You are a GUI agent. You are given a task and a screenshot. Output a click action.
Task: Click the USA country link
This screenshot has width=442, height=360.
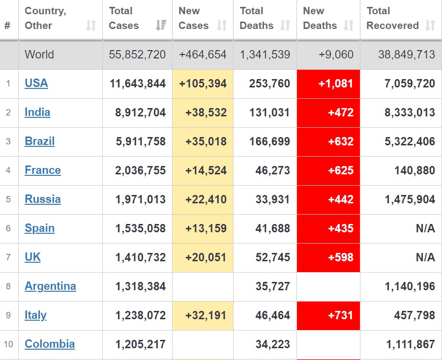pyautogui.click(x=36, y=83)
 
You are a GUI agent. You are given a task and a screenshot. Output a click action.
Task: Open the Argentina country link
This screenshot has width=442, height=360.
pyautogui.click(x=50, y=286)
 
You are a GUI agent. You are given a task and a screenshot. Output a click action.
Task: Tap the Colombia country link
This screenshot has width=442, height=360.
pyautogui.click(x=50, y=344)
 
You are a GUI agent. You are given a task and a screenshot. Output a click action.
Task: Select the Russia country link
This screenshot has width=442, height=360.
pyautogui.click(x=43, y=199)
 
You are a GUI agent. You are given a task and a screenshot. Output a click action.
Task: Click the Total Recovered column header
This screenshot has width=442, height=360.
pyautogui.click(x=392, y=18)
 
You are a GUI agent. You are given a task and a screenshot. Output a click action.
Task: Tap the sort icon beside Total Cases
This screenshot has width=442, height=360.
pyautogui.click(x=160, y=26)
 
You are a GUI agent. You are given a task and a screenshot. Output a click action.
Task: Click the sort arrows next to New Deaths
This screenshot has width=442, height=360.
pyautogui.click(x=348, y=26)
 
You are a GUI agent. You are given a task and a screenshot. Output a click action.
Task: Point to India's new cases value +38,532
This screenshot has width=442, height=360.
pyautogui.click(x=206, y=112)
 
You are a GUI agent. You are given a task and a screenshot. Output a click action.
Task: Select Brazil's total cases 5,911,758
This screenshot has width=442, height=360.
pyautogui.click(x=141, y=141)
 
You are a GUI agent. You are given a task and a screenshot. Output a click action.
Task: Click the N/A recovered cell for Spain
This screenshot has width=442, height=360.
pyautogui.click(x=425, y=228)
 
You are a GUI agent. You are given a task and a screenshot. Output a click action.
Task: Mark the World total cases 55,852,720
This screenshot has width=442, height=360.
pyautogui.click(x=137, y=55)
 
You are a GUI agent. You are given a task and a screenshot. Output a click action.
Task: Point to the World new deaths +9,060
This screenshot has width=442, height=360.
pyautogui.click(x=336, y=55)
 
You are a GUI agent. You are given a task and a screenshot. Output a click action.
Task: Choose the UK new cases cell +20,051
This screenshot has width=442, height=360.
pyautogui.click(x=206, y=257)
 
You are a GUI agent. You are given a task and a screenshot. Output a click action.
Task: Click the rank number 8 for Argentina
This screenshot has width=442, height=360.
pyautogui.click(x=8, y=286)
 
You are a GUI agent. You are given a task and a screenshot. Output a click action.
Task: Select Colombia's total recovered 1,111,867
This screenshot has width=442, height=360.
pyautogui.click(x=411, y=344)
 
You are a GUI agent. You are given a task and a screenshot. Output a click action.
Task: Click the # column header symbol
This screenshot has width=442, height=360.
pyautogui.click(x=7, y=26)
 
